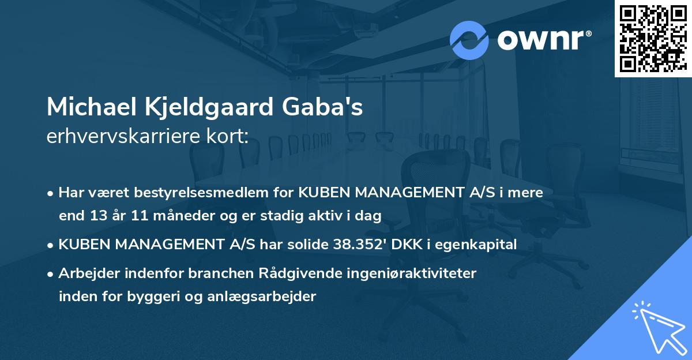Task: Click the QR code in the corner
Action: click(x=652, y=38)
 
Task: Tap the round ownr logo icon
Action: click(x=469, y=40)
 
